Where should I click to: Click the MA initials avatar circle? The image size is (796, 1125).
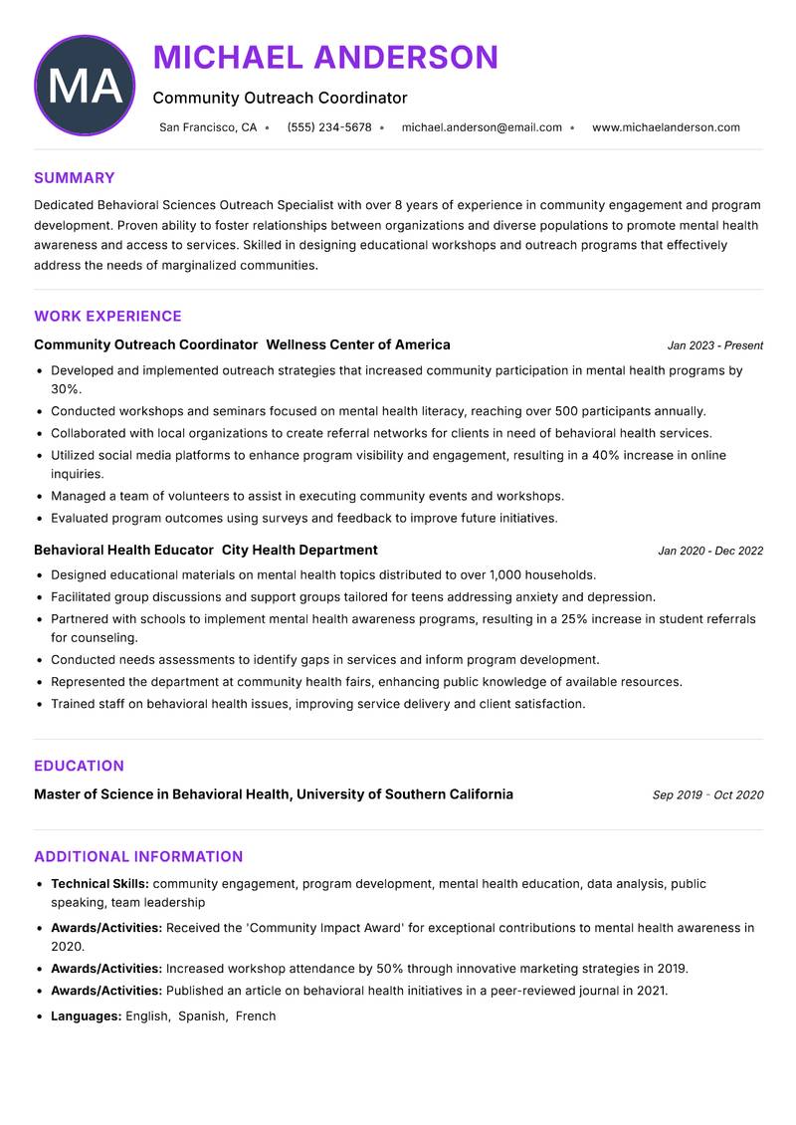pos(85,86)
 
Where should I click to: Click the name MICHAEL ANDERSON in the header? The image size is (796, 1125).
pos(325,58)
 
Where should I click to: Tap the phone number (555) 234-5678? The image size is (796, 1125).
pos(328,127)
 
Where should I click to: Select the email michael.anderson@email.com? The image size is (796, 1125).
pos(482,127)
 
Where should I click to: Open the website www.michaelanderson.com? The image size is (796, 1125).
pos(666,127)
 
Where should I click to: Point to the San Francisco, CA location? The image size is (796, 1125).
pos(208,127)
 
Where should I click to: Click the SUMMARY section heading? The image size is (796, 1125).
pos(75,178)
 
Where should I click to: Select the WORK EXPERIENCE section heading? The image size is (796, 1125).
pos(107,317)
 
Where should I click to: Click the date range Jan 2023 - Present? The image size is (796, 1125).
pos(714,345)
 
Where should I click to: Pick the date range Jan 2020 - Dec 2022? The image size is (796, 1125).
pos(710,551)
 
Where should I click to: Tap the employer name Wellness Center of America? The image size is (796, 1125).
pos(358,344)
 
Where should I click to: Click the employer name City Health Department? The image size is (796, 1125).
pos(299,550)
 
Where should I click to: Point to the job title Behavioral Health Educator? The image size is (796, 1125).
pos(123,550)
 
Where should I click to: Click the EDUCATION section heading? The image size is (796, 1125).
pos(79,766)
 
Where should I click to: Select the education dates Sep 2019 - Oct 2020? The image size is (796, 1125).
pos(707,795)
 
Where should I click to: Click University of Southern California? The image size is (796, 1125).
pos(405,794)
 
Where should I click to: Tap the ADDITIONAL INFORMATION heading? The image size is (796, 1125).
pos(138,856)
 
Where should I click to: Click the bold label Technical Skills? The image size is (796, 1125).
pos(99,883)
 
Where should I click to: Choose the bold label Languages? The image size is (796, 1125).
pos(86,1016)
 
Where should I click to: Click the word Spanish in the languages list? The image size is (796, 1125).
pos(202,1016)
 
